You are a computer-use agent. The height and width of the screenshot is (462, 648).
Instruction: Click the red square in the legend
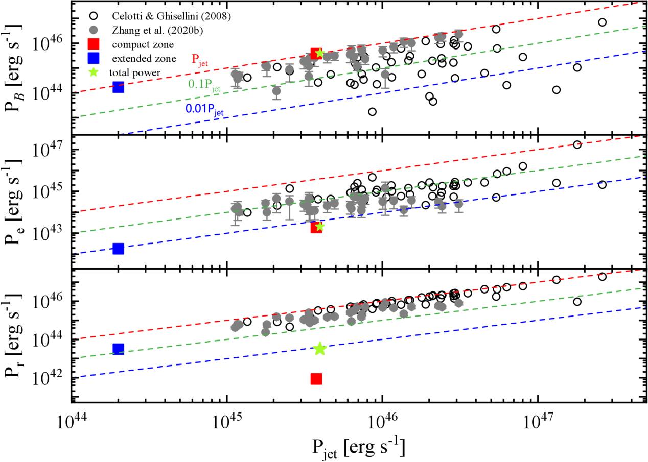pyautogui.click(x=94, y=44)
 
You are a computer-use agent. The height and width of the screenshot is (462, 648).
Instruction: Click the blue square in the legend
pyautogui.click(x=94, y=58)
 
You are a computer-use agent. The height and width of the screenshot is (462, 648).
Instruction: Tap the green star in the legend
pyautogui.click(x=94, y=72)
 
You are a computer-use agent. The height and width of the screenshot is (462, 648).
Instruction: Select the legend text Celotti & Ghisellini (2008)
pyautogui.click(x=171, y=16)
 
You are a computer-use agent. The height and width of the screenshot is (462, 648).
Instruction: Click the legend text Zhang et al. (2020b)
pyautogui.click(x=157, y=30)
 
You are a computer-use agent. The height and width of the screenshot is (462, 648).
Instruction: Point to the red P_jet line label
pyautogui.click(x=200, y=60)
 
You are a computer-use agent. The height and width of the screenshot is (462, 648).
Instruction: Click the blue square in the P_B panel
pyautogui.click(x=119, y=87)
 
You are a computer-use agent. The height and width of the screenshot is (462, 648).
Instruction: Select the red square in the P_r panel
pyautogui.click(x=316, y=378)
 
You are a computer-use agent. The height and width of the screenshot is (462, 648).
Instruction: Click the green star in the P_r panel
pyautogui.click(x=320, y=349)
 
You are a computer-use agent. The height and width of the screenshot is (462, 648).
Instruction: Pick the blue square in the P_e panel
pyautogui.click(x=119, y=249)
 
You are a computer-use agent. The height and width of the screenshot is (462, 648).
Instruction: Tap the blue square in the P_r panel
pyautogui.click(x=119, y=349)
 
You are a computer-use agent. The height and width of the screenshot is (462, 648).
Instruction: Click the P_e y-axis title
pyautogui.click(x=14, y=202)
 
